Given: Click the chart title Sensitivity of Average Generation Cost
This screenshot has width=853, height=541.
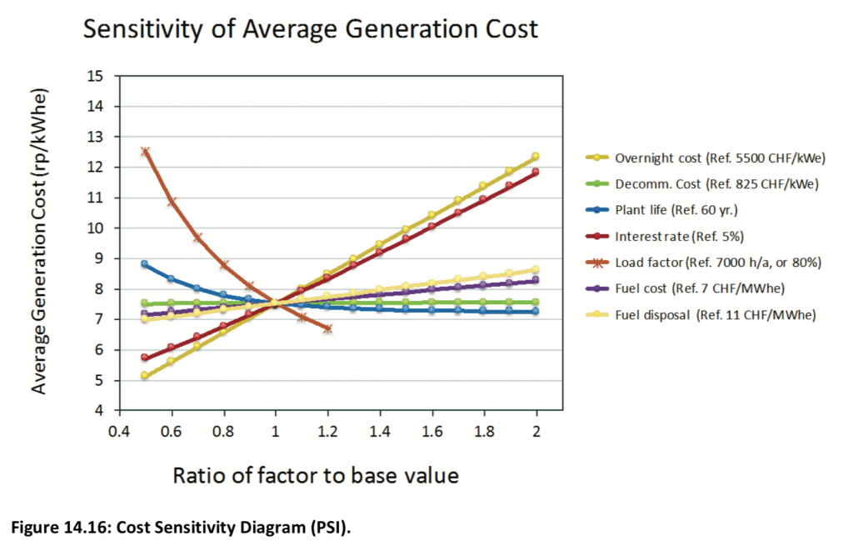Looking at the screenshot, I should (x=310, y=29).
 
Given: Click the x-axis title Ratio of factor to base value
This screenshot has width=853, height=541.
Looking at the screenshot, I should (x=315, y=476).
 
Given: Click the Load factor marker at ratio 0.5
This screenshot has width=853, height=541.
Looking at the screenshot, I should (x=145, y=152).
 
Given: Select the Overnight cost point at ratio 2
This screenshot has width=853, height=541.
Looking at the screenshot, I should (x=536, y=157).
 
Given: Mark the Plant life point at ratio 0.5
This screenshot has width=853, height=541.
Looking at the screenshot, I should (x=145, y=264).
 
